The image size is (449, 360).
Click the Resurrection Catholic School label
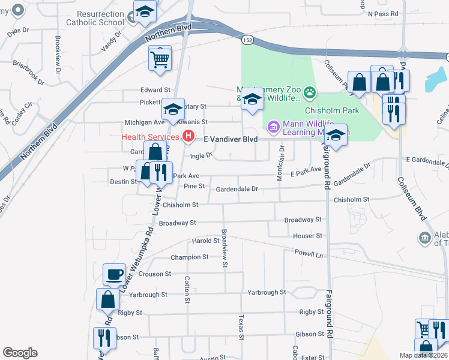[100, 17]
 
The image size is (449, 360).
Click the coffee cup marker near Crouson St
[114, 275]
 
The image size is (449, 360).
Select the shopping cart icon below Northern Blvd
[160, 59]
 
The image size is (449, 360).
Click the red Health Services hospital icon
[189, 136]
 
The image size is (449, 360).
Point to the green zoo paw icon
[309, 92]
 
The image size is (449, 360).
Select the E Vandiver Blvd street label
[231, 139]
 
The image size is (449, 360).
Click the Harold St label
[205, 241]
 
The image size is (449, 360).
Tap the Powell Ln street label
[308, 253]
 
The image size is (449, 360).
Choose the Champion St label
[189, 257]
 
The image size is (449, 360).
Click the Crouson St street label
[155, 274]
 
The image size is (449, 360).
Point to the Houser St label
[308, 236]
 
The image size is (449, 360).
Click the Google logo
[20, 353]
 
